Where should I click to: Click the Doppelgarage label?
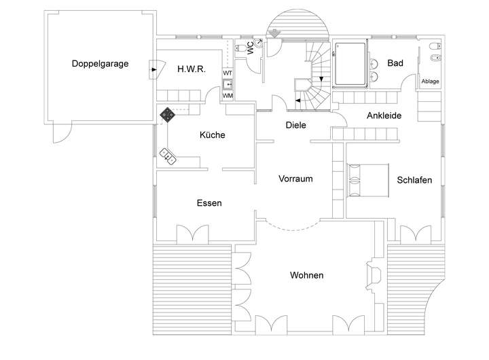(100, 65)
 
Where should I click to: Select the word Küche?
(212, 135)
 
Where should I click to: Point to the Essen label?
(209, 203)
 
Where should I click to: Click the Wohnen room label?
(306, 276)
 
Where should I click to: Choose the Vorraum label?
(295, 179)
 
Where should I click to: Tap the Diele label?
(296, 125)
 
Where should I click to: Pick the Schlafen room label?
(414, 180)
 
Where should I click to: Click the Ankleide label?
(384, 115)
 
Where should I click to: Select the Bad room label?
(395, 63)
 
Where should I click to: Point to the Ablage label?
(431, 82)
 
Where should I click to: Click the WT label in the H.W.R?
(228, 73)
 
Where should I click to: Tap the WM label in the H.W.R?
(228, 95)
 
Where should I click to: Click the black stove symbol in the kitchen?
(166, 114)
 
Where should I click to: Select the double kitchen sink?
(168, 156)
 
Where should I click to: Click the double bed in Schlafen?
(367, 180)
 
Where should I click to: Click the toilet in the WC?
(244, 49)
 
